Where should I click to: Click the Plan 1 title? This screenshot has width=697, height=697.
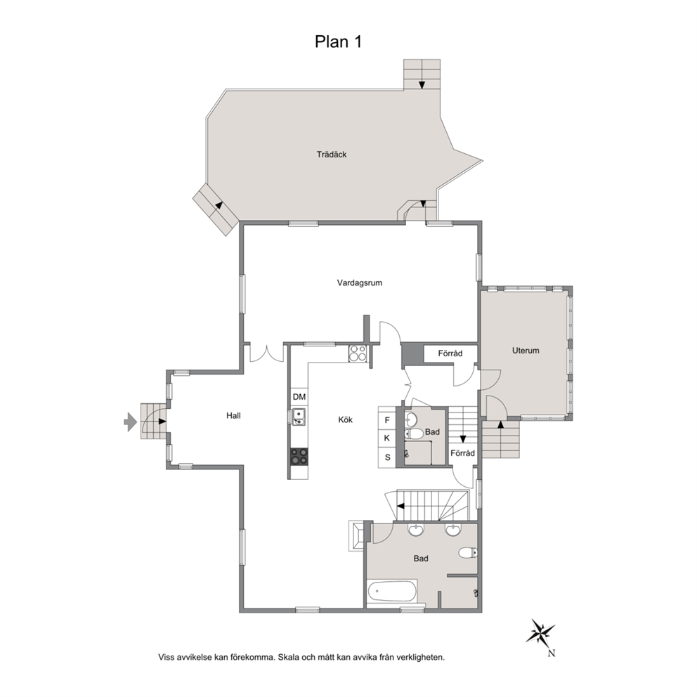point(338,41)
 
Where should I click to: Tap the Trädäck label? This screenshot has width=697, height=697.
point(332,155)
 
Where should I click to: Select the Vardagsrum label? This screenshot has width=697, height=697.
point(360,282)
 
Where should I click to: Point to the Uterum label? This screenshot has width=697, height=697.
point(526,351)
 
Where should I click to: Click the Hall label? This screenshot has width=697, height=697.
point(233,416)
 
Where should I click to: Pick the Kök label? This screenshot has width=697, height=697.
point(346,419)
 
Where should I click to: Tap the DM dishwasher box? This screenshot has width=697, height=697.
point(299,396)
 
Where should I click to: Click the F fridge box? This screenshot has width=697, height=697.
point(387,420)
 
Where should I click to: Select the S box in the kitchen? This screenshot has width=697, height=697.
point(387,457)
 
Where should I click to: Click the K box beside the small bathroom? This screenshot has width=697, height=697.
point(387,438)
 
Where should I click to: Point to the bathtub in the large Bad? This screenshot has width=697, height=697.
point(392,592)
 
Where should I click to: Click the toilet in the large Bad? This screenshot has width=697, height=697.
point(468,553)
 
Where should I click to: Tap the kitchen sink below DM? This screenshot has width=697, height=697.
point(299,416)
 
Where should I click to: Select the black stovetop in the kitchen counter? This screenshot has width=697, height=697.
point(299,457)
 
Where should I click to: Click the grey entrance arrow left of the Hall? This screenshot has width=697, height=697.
point(130,422)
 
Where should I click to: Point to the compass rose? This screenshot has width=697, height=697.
point(540,632)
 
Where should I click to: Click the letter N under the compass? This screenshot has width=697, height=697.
point(551,653)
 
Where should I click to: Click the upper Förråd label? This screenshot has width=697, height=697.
point(450,353)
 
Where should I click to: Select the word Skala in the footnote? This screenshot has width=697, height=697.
point(289,658)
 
